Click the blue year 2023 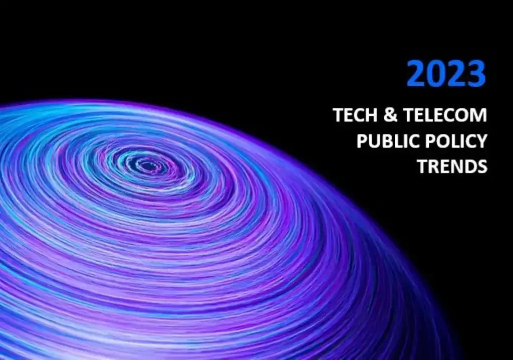(445, 74)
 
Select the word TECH (354, 115)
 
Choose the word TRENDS (452, 166)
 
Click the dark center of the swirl (147, 165)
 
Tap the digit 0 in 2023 (435, 74)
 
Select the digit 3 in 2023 (475, 74)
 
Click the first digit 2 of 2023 (416, 74)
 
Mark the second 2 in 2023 (455, 74)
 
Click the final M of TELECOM (479, 115)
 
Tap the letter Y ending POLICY (481, 141)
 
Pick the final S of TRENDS (482, 166)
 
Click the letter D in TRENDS (469, 166)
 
